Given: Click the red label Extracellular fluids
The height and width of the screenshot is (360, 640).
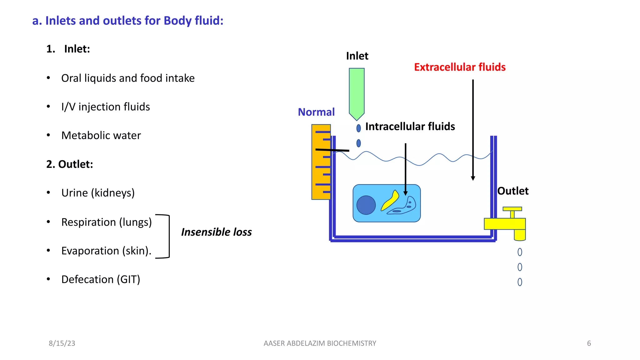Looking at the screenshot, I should [x=459, y=67].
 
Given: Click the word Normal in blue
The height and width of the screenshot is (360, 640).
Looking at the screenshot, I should [x=316, y=112].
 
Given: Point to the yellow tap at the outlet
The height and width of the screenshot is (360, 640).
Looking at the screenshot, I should [x=505, y=224].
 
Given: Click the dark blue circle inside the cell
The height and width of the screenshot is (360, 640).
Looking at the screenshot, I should [x=366, y=205].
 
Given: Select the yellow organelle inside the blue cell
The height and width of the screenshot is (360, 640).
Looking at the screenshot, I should [x=390, y=201].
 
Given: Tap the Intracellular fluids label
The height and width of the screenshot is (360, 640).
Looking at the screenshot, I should [x=410, y=127].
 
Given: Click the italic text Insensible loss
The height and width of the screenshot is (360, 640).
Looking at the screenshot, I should [x=216, y=232].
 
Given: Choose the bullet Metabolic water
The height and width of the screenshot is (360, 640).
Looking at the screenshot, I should [x=101, y=136].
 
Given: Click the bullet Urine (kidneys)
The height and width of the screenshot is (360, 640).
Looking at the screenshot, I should [x=98, y=193].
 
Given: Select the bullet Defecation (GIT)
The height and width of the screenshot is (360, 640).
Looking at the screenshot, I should [x=101, y=279].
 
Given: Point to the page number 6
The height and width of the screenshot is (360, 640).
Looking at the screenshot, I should [x=589, y=343].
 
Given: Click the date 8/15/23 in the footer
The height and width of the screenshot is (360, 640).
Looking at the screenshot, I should [x=62, y=343].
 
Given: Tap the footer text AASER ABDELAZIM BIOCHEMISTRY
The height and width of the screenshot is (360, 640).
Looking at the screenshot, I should [x=320, y=343].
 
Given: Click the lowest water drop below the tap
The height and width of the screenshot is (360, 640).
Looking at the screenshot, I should [x=520, y=282].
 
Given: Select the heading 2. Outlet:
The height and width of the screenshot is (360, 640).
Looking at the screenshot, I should [x=70, y=164].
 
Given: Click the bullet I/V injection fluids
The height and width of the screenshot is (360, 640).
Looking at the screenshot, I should [x=105, y=107].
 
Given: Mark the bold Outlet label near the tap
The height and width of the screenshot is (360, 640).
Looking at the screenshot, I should [x=512, y=191].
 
